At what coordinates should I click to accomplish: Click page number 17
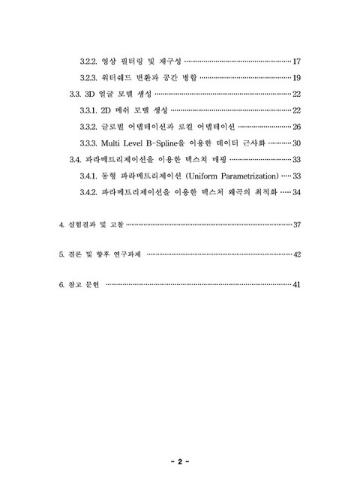296,61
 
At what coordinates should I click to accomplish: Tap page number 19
296,77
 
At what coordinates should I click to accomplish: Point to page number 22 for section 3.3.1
296,110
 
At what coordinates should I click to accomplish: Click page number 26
296,126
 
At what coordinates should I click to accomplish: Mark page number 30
296,143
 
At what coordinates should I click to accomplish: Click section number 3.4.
74,159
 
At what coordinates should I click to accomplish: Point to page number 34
296,192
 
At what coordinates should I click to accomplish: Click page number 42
296,254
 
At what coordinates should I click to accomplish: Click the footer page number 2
180,462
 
